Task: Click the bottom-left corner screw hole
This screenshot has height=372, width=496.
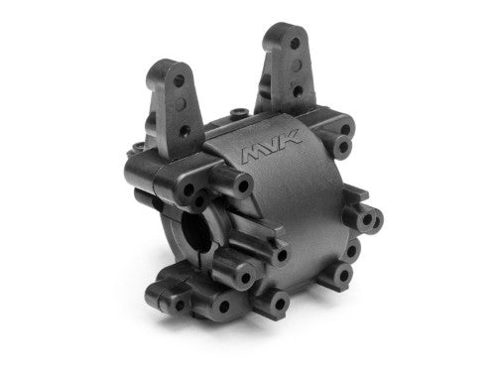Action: pos(167,291)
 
